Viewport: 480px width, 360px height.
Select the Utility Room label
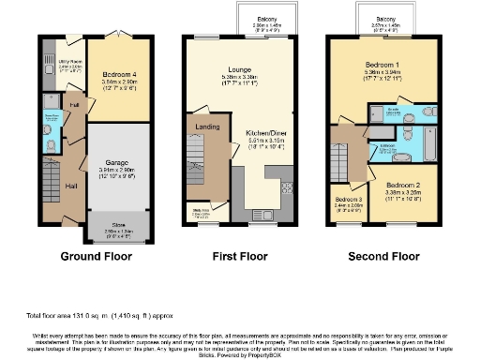pyautogui.click(x=69, y=60)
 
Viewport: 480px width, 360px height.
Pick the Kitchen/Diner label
pyautogui.click(x=265, y=135)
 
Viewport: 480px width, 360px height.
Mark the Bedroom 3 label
pyautogui.click(x=348, y=200)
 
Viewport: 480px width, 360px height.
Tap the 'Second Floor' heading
pyautogui.click(x=384, y=255)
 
